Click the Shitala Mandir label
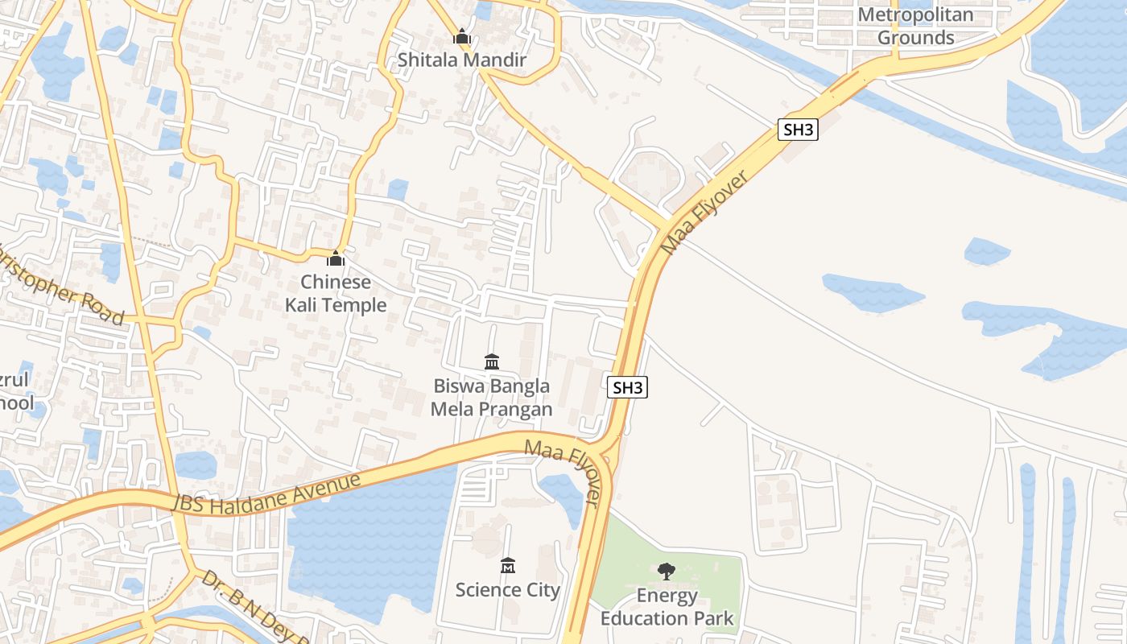(x=462, y=60)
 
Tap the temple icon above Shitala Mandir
(x=462, y=36)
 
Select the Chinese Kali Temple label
(x=336, y=294)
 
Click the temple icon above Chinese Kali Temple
(x=336, y=258)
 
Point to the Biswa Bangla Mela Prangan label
(x=491, y=398)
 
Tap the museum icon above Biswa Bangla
(x=492, y=361)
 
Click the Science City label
(x=507, y=590)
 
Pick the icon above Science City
(x=507, y=566)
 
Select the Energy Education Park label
(x=667, y=607)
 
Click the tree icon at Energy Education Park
(x=666, y=572)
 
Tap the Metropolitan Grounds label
(x=916, y=26)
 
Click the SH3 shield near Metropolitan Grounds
(x=798, y=130)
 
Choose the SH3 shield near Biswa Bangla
(x=627, y=387)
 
